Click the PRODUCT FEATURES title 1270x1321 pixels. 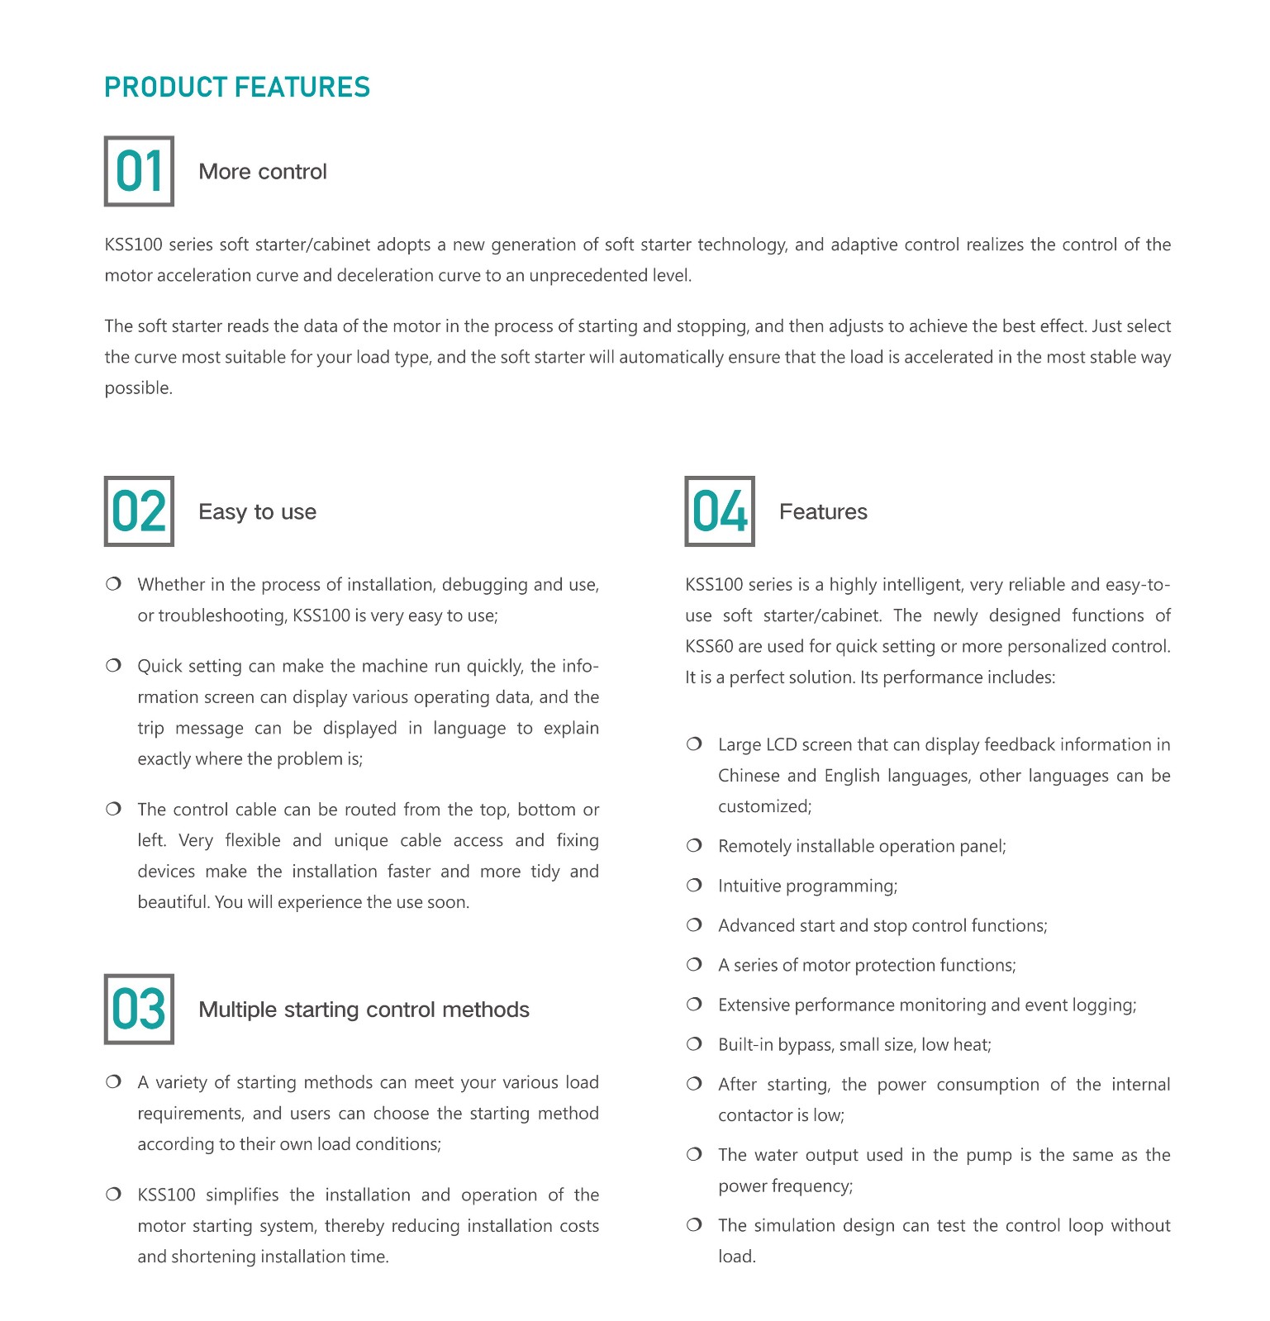point(237,88)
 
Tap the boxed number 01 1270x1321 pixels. point(139,171)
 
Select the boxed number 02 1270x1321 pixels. point(139,511)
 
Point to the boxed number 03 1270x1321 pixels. point(139,1009)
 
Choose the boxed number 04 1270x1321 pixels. point(720,511)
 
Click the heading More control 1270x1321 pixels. point(263,172)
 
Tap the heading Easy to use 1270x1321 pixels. point(257,512)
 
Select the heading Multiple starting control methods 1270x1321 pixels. point(364,1010)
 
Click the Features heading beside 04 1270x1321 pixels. point(823,512)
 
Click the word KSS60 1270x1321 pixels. point(709,647)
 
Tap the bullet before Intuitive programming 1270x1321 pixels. point(694,886)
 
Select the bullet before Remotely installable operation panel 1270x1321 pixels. point(694,846)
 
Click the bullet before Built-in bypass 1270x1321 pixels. point(694,1044)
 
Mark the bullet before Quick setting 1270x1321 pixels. point(114,666)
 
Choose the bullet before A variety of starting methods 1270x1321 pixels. point(114,1082)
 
